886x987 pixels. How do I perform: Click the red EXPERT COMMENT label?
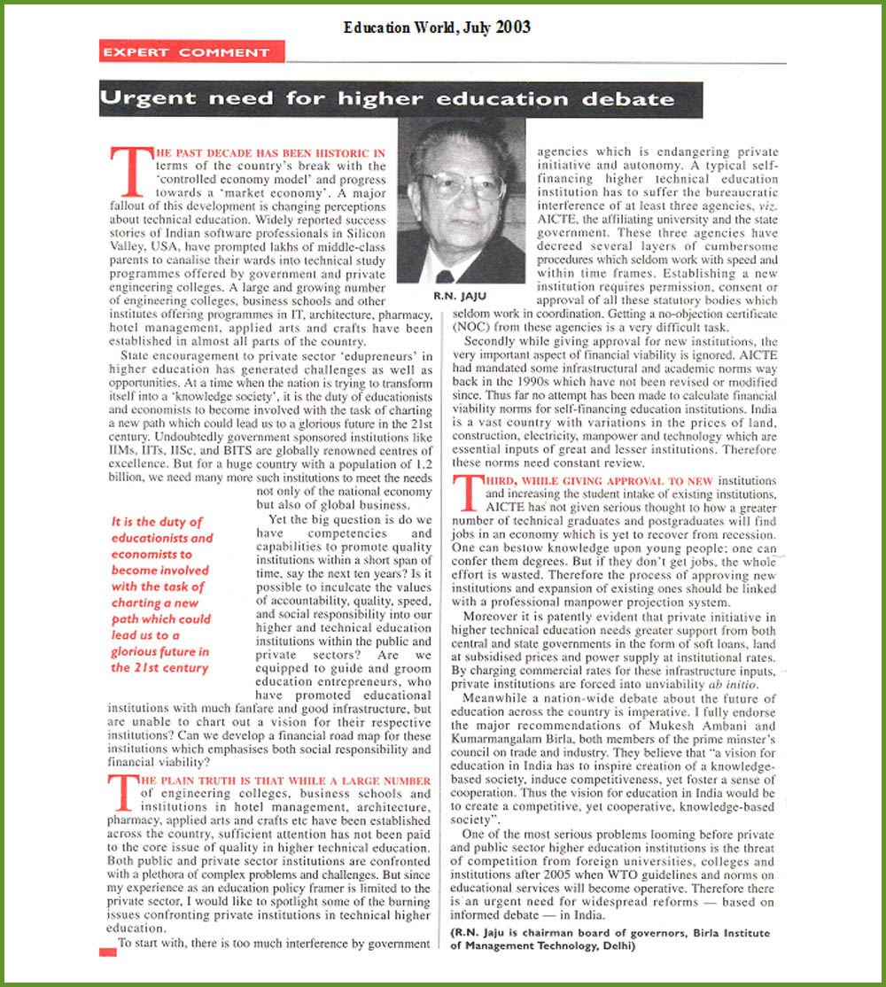pos(185,52)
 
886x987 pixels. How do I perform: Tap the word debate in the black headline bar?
pos(630,99)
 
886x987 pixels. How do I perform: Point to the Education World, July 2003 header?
pos(437,27)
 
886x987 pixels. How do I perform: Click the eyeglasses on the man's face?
pos(462,184)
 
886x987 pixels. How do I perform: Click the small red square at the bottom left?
pos(107,951)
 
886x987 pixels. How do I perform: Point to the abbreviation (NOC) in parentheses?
pos(470,327)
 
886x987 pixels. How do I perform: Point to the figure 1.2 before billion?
pos(418,465)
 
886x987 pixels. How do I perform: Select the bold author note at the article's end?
pos(610,938)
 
